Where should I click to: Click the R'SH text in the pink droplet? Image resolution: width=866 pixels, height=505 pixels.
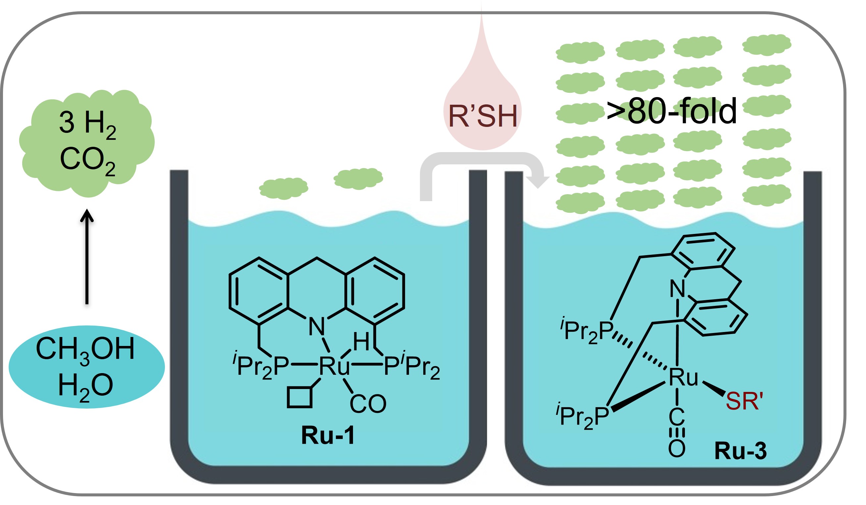click(x=483, y=116)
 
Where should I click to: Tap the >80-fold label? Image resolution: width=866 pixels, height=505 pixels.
click(x=672, y=111)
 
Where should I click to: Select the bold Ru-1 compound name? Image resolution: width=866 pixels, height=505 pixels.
click(x=328, y=435)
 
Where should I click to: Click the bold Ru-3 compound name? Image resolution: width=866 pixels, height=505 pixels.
click(x=740, y=451)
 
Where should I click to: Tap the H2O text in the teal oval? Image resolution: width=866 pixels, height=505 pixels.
click(x=85, y=386)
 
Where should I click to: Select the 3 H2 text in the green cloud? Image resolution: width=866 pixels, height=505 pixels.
click(x=88, y=125)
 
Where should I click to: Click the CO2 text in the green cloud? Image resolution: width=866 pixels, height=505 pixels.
click(x=88, y=161)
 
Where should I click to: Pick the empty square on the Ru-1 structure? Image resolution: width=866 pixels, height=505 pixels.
click(x=300, y=398)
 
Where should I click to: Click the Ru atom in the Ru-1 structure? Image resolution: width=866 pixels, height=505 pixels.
click(x=334, y=366)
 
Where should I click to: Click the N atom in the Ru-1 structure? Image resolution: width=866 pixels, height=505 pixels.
click(x=317, y=327)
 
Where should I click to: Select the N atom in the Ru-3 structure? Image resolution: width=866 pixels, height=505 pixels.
click(x=677, y=289)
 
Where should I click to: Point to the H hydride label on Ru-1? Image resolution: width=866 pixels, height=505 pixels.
click(x=361, y=341)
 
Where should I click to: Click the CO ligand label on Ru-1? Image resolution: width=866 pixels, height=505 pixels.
click(x=368, y=404)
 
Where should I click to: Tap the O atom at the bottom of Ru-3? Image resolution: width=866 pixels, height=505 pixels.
click(x=677, y=449)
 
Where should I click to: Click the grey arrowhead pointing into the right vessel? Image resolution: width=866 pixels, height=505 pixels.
click(x=537, y=181)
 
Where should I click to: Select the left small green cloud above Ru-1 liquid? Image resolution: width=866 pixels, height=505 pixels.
click(x=283, y=188)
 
